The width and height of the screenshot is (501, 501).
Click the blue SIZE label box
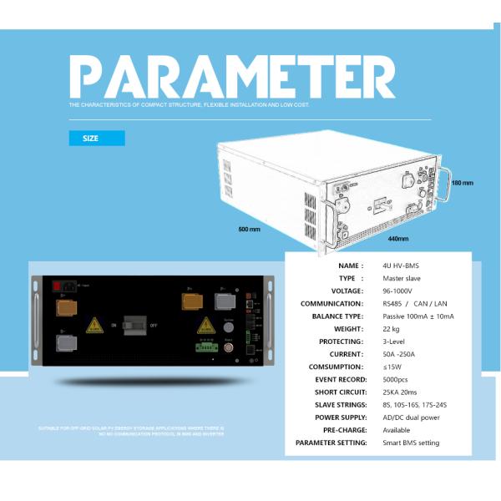(96, 138)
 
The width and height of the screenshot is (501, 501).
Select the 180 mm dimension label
(462, 182)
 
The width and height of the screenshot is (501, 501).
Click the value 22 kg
(392, 329)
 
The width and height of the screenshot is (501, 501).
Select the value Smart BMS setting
(411, 443)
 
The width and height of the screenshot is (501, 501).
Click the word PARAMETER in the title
(232, 77)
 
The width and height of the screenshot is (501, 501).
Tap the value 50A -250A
(400, 354)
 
